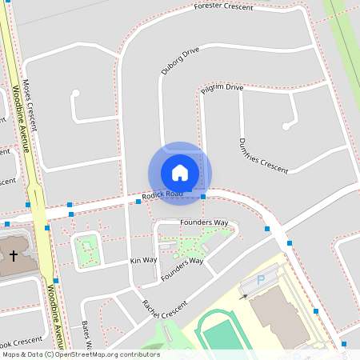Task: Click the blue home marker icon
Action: [180, 173]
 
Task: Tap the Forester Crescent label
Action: [223, 6]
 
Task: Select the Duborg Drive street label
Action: [179, 61]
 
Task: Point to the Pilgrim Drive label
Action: [222, 87]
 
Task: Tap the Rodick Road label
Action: [162, 194]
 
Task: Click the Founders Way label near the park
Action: [204, 222]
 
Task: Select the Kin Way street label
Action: [143, 261]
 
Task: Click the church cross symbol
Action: [13, 255]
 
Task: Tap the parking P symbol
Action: [259, 280]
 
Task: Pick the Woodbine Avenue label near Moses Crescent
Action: [21, 120]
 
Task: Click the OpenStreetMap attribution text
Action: [80, 354]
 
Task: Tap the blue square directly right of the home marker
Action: [203, 196]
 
